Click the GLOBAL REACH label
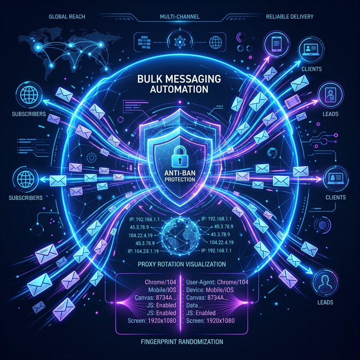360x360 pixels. point(67,17)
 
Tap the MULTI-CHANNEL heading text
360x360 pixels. point(180,17)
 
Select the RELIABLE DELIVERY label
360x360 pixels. point(290,17)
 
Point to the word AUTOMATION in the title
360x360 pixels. point(179,89)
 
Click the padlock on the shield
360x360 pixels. point(180,157)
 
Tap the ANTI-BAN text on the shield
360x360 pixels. point(180,173)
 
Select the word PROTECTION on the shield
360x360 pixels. point(180,179)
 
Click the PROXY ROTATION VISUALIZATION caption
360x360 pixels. point(182,264)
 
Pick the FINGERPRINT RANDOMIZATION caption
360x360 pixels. point(182,342)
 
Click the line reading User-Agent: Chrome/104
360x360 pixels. point(217,282)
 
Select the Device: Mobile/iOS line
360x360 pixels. point(210,290)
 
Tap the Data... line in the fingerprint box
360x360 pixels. point(194,306)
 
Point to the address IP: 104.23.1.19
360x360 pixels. point(143,251)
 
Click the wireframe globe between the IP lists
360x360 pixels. point(180,236)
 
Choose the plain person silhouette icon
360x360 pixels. point(325,282)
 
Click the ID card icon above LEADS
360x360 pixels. point(330,95)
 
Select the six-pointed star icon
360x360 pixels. point(179,42)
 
